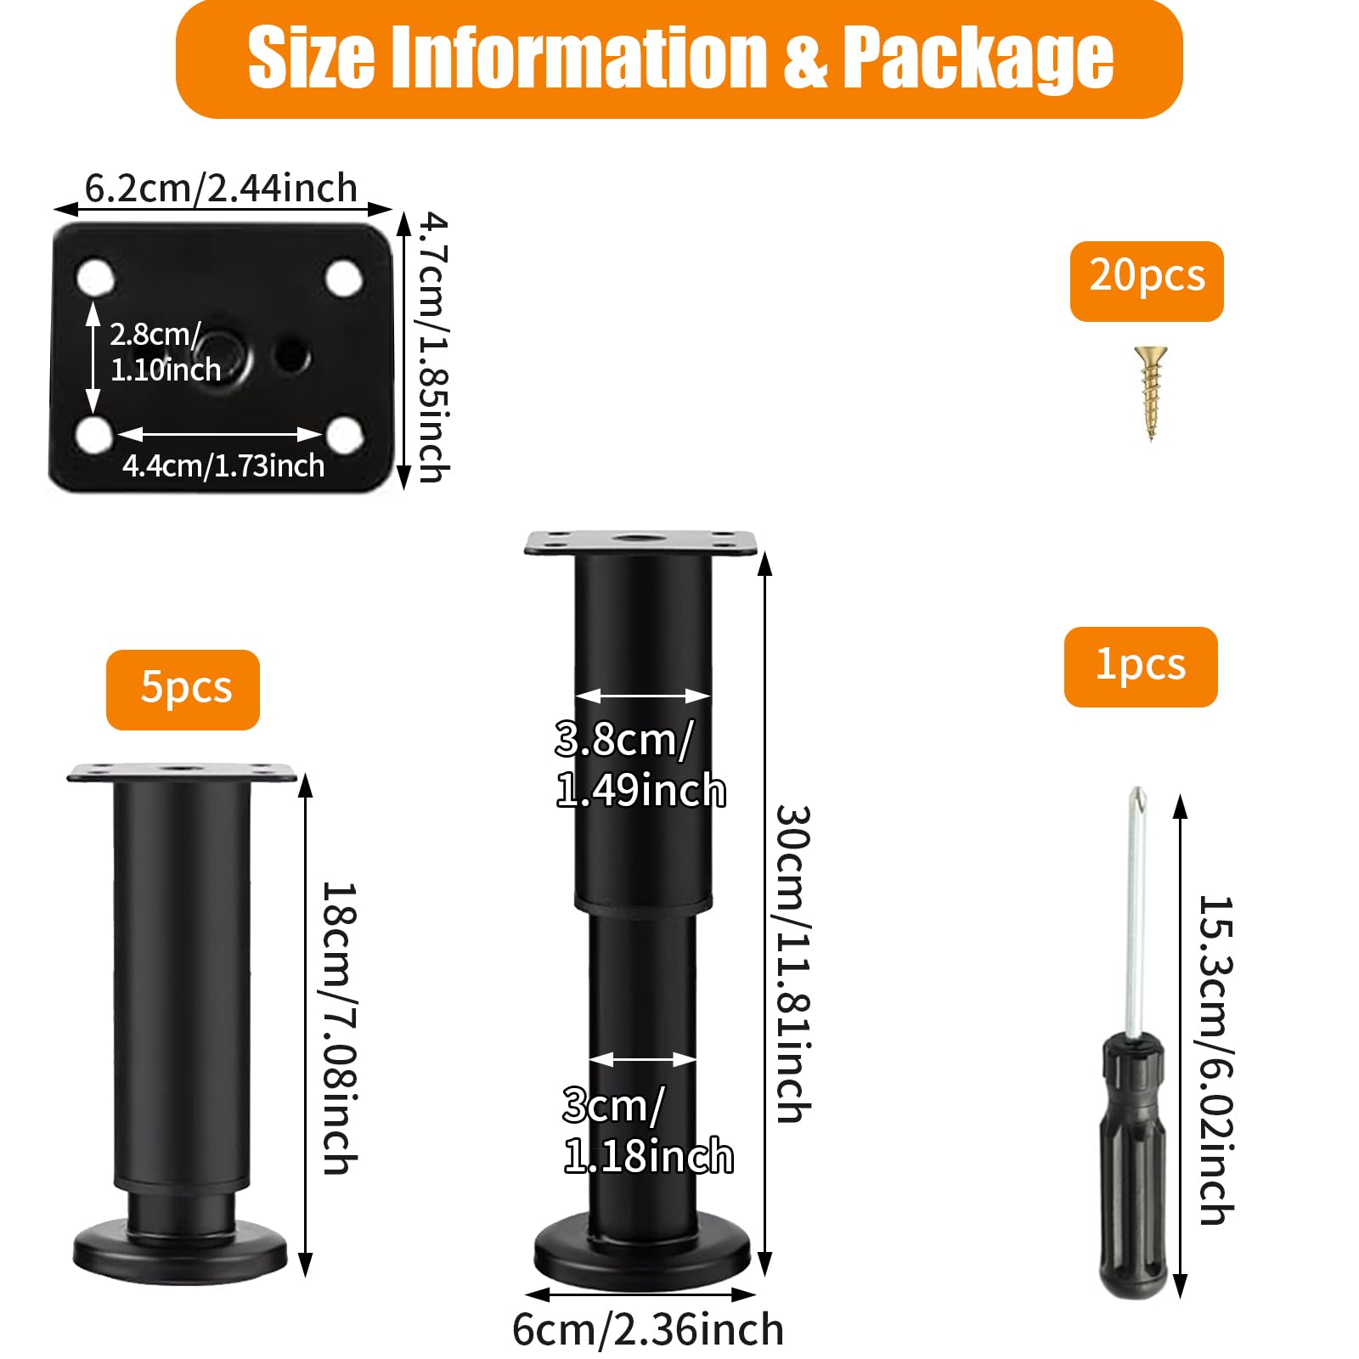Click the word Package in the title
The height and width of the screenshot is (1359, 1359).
978,58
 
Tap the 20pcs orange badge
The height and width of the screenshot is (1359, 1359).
1147,281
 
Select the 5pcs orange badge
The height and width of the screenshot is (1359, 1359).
183,690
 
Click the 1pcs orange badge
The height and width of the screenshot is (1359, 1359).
1141,667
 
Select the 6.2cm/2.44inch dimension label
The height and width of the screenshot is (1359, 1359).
221,188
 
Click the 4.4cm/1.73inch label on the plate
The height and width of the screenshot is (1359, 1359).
223,465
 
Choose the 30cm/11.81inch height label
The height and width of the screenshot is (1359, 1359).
793,964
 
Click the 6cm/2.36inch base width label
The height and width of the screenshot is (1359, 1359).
648,1329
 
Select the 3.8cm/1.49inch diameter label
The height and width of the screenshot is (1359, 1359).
640,764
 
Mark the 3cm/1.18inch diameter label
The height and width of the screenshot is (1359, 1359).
648,1131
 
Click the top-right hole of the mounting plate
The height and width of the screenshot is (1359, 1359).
345,278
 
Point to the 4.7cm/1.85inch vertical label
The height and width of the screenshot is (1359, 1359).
433,348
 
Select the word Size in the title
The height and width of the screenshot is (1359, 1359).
311,58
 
